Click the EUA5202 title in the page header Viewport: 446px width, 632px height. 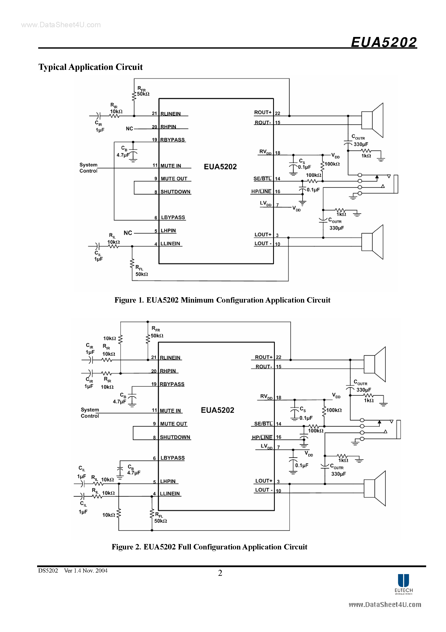pyautogui.click(x=384, y=42)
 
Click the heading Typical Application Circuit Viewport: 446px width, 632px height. pyautogui.click(x=90, y=67)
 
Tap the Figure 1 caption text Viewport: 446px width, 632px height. pyautogui.click(x=222, y=300)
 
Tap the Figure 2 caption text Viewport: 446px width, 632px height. pyautogui.click(x=209, y=547)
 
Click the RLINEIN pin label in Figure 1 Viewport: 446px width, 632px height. pyautogui.click(x=171, y=114)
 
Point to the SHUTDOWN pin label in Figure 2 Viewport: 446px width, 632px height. pyautogui.click(x=175, y=437)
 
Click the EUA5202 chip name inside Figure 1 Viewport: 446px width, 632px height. pyautogui.click(x=220, y=166)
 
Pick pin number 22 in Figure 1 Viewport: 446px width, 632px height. pyautogui.click(x=277, y=113)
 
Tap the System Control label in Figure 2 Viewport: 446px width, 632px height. pyautogui.click(x=90, y=413)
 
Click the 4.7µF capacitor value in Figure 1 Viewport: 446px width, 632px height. pyautogui.click(x=123, y=155)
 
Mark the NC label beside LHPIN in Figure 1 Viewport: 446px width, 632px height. pyautogui.click(x=128, y=233)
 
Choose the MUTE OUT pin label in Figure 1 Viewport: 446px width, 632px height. pyautogui.click(x=174, y=179)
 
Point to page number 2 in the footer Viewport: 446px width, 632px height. pyautogui.click(x=220, y=573)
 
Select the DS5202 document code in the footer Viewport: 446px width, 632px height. pyautogui.click(x=48, y=571)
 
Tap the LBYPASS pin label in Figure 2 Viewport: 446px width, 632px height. pyautogui.click(x=172, y=458)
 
